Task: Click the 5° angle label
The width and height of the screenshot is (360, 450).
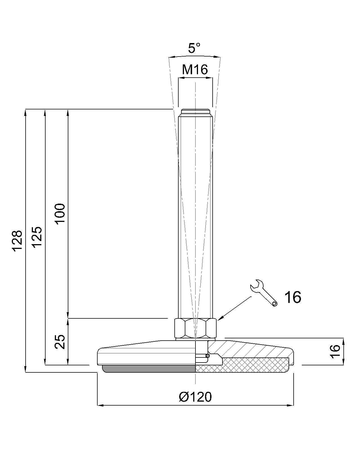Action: tap(194, 48)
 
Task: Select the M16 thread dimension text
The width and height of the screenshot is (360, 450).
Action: tap(195, 70)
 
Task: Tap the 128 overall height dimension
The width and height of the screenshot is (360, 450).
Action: tap(17, 241)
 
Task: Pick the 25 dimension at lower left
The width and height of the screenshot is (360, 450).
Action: tap(60, 342)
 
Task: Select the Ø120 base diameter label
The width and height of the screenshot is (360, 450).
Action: tap(195, 397)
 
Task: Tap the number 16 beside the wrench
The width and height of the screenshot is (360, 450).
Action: tap(292, 297)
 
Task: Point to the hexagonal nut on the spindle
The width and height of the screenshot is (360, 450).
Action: tap(195, 328)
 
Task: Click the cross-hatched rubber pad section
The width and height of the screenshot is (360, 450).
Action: tap(242, 365)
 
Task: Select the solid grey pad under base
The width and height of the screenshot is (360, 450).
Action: tap(149, 368)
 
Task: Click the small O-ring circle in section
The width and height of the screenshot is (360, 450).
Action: tap(208, 356)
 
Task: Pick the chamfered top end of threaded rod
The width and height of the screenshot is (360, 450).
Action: tap(195, 111)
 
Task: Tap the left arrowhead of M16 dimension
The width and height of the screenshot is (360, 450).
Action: tap(180, 79)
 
